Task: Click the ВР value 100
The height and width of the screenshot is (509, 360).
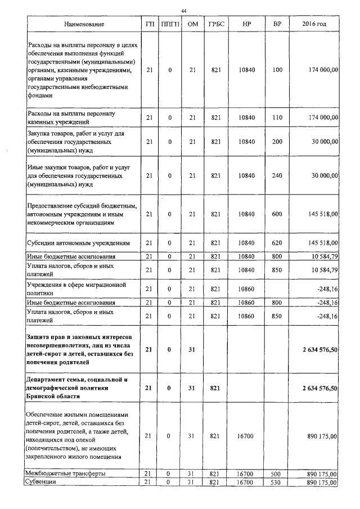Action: tap(277, 70)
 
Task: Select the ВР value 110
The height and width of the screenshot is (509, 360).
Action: tap(277, 118)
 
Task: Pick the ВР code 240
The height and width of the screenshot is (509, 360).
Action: tap(277, 176)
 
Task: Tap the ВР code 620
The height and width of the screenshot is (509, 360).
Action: tap(277, 244)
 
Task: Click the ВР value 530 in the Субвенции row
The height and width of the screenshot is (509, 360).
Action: tap(277, 483)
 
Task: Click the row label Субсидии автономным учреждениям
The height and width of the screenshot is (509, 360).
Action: tap(79, 244)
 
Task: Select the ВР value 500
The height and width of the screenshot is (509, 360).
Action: tap(277, 474)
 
